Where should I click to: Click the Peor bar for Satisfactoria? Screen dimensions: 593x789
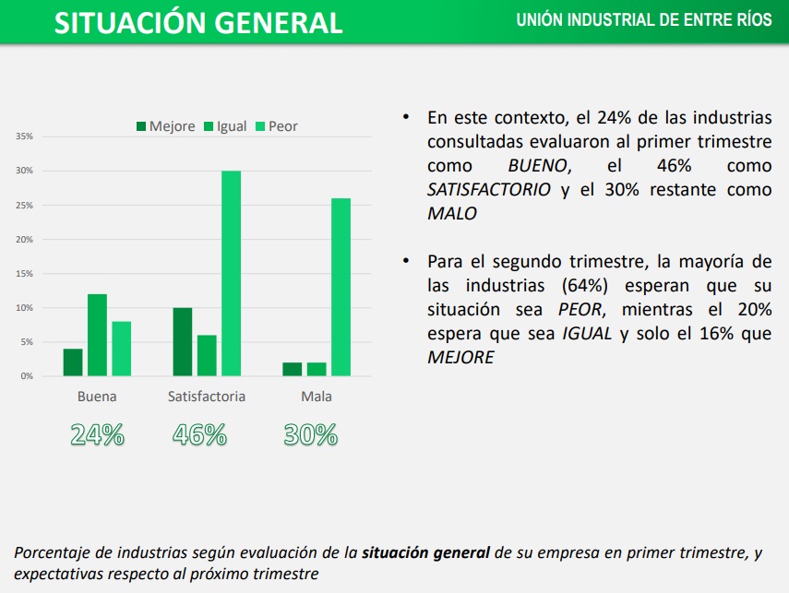[x=231, y=273]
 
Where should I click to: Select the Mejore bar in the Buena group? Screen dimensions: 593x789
[x=73, y=362]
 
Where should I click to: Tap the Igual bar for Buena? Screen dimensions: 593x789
[x=97, y=335]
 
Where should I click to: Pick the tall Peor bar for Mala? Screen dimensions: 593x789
[x=341, y=287]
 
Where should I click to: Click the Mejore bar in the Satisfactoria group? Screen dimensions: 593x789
[x=183, y=341]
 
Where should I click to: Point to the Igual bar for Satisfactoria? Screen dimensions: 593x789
[x=207, y=355]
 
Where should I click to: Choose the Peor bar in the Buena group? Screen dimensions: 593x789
[x=121, y=349]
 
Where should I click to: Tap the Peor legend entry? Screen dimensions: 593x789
[x=276, y=126]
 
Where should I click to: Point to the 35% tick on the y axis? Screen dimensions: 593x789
[x=24, y=136]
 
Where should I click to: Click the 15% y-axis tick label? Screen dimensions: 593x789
[x=24, y=274]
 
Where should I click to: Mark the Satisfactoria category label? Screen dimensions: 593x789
[x=207, y=397]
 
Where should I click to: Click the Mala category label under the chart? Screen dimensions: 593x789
[x=317, y=397]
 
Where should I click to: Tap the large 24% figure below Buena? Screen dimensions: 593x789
[x=97, y=434]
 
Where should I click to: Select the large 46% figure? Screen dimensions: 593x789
[x=199, y=434]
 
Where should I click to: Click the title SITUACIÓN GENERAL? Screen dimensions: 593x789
[x=198, y=23]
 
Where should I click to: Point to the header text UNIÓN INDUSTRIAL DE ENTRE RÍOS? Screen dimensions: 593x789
[x=644, y=20]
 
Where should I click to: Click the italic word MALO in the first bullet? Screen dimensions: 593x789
[x=452, y=213]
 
